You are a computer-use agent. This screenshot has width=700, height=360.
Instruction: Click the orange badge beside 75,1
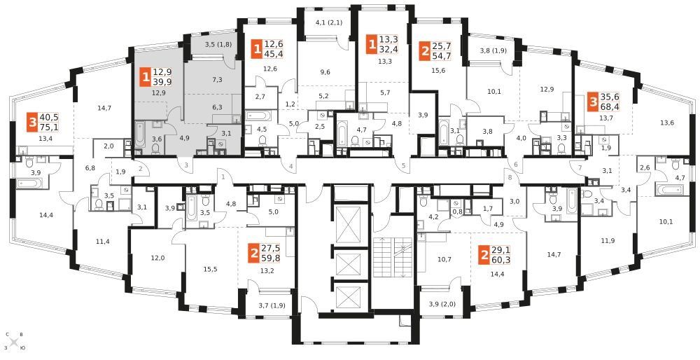point(33,122)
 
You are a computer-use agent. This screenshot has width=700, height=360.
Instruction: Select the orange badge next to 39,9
point(145,77)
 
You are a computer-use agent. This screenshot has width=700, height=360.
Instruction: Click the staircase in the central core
point(391,257)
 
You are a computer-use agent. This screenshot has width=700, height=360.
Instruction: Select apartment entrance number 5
point(404,166)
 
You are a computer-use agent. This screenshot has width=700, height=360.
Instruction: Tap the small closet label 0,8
point(456,213)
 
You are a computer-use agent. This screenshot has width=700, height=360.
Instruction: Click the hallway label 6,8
point(90,168)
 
